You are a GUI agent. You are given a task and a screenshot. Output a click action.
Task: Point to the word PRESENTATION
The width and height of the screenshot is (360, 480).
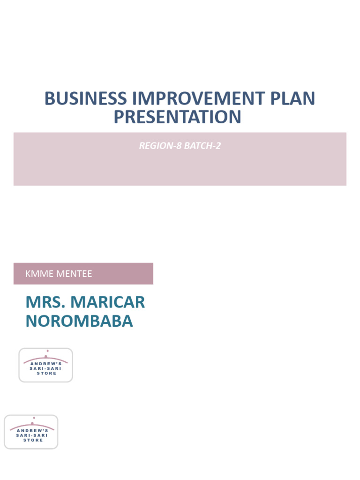pyautogui.click(x=177, y=117)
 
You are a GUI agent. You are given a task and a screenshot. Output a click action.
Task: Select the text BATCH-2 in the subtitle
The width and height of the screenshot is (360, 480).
pyautogui.click(x=202, y=146)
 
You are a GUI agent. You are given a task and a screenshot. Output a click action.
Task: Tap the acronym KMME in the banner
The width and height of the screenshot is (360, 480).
pyautogui.click(x=39, y=274)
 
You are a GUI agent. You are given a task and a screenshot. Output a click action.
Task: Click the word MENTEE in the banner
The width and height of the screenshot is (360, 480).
pyautogui.click(x=74, y=274)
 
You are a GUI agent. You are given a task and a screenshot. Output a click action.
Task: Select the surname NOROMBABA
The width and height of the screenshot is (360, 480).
pyautogui.click(x=79, y=321)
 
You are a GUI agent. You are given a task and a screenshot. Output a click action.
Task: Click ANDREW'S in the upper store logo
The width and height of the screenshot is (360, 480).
pyautogui.click(x=46, y=364)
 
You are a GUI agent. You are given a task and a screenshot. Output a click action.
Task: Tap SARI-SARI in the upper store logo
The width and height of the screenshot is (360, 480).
pyautogui.click(x=46, y=369)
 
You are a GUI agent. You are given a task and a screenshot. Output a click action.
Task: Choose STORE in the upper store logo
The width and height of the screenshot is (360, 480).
pyautogui.click(x=46, y=374)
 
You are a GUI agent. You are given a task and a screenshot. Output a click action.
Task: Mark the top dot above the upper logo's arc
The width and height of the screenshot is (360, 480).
pyautogui.click(x=47, y=351)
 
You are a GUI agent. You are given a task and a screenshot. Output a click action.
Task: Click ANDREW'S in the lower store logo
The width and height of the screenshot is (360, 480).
pyautogui.click(x=32, y=431)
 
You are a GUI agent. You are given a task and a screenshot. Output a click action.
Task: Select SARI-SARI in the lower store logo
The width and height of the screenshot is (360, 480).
pyautogui.click(x=32, y=435)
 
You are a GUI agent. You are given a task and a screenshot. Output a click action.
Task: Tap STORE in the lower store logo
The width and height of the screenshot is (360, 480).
pyautogui.click(x=32, y=440)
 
